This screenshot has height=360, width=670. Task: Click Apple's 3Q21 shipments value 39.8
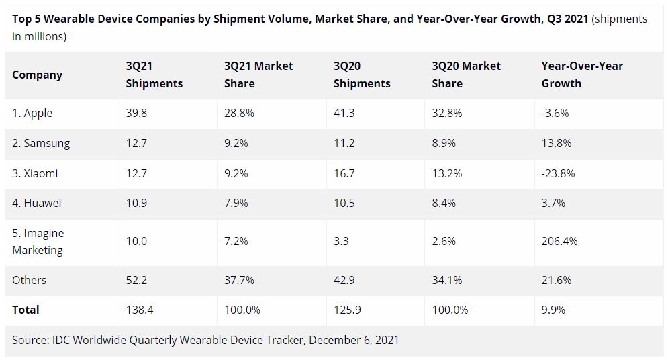[136, 113]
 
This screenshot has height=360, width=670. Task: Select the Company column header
[37, 75]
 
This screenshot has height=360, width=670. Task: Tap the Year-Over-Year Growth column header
[582, 75]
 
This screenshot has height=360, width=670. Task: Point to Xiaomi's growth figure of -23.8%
[558, 173]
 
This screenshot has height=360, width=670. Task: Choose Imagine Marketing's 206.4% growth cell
[559, 241]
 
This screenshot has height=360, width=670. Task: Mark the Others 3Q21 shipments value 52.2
[136, 280]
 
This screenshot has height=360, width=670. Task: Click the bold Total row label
[26, 310]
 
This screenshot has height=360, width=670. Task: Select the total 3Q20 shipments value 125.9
[346, 310]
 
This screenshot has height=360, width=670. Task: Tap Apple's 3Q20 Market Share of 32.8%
[447, 113]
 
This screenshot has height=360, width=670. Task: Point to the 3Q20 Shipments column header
[362, 75]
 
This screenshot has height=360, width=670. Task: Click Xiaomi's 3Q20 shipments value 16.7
[344, 173]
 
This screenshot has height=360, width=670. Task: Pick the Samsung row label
[41, 143]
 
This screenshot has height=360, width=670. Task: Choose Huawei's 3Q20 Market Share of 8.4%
[444, 203]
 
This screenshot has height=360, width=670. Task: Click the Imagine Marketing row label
[38, 241]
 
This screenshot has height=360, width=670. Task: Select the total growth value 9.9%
[553, 310]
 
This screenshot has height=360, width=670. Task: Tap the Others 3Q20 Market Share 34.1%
[447, 280]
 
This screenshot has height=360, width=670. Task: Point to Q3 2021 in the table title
[565, 19]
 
